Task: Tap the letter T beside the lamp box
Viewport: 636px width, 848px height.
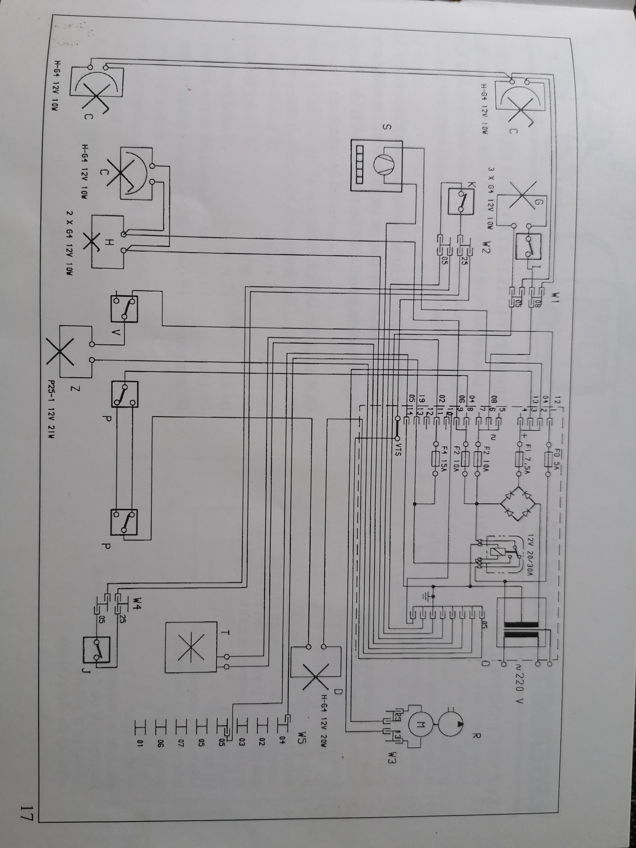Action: [225, 633]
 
